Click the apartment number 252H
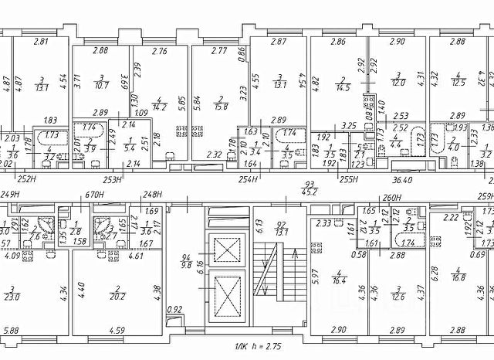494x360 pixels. (28, 178)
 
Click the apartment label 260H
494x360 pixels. (393, 196)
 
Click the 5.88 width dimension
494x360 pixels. (11, 331)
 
